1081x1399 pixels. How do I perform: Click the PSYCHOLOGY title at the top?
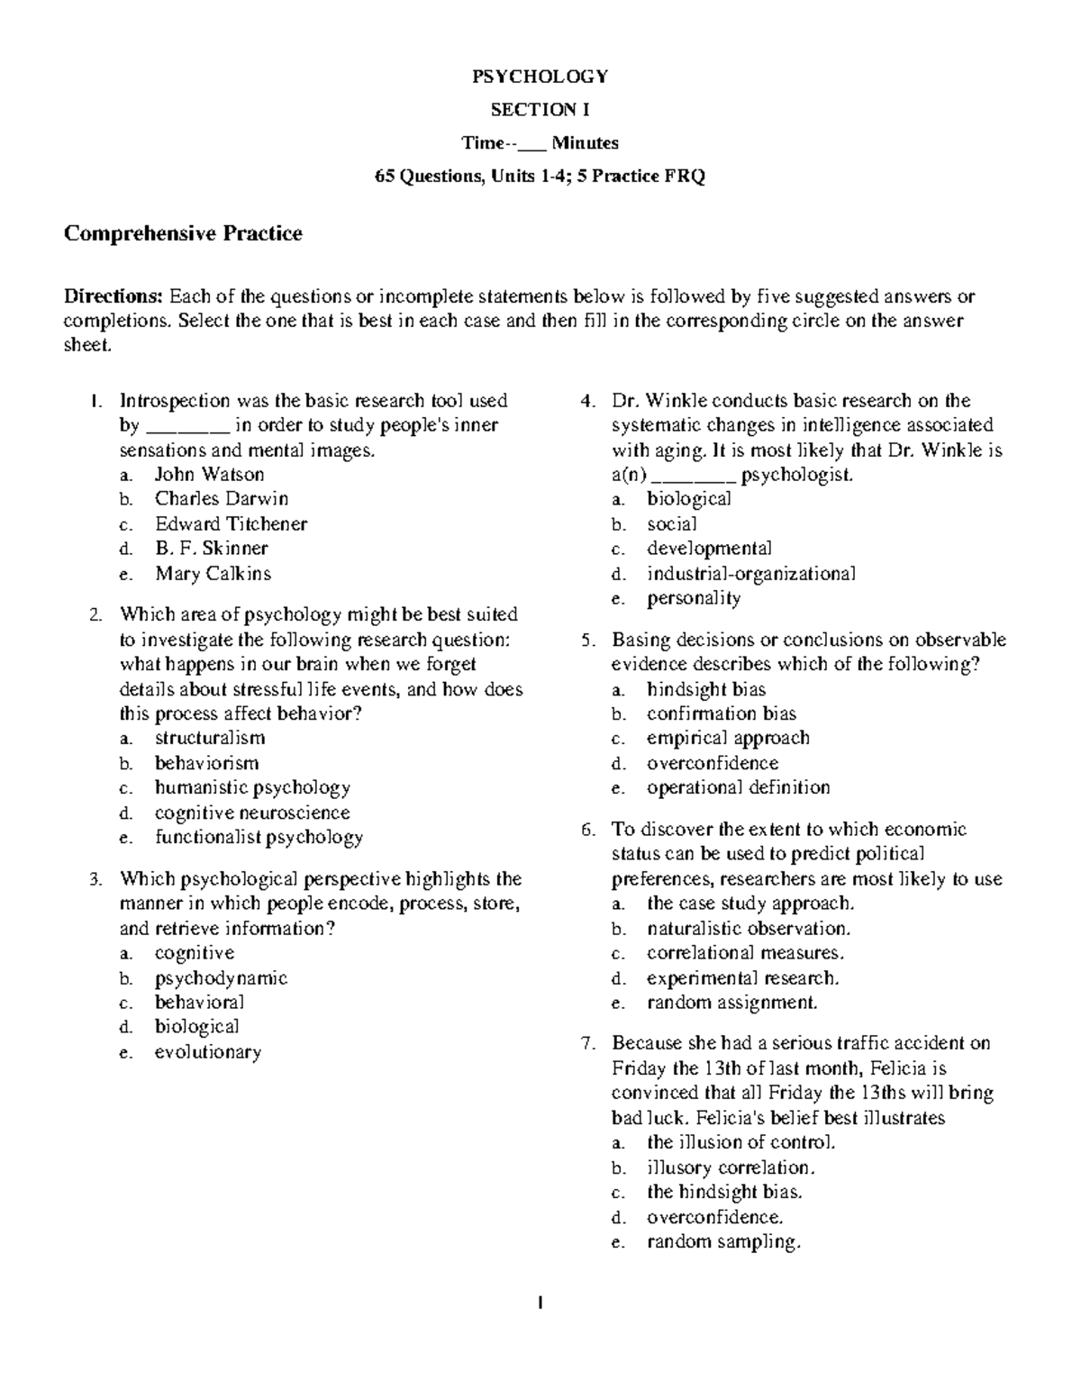540,77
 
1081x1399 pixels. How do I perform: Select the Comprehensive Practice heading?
183,234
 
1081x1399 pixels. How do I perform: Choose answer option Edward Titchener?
231,524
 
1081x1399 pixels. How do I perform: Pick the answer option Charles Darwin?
222,499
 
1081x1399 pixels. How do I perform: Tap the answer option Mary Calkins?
213,574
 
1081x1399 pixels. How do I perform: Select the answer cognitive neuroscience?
252,813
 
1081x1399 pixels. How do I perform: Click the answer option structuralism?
210,738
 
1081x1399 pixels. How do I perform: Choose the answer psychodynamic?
221,978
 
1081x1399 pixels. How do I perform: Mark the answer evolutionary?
208,1052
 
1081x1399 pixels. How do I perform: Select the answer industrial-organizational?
751,574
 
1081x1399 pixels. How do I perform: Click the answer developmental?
709,549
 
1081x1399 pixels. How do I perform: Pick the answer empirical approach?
728,738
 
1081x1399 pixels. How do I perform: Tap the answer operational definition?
738,787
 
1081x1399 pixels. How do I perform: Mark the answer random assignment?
732,1003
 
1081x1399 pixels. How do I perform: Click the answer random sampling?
723,1242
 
